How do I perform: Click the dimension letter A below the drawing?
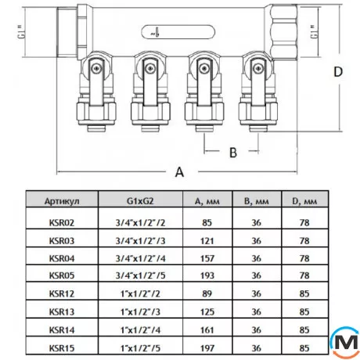(179, 172)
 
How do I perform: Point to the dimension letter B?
(233, 153)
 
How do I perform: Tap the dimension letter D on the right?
(338, 72)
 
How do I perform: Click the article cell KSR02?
(62, 222)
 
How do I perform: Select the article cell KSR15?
(62, 348)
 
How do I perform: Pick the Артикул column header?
(62, 201)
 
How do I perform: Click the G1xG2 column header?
(140, 201)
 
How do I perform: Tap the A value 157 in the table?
(207, 258)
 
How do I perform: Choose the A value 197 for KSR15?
(207, 348)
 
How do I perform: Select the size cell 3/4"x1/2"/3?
(140, 240)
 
